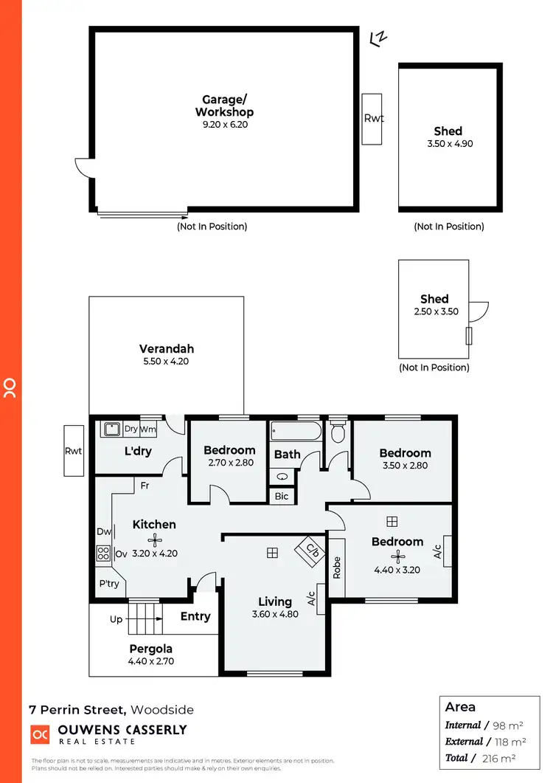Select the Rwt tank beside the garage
[373, 119]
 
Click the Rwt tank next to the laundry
[74, 452]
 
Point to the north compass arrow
[379, 38]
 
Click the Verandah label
[167, 349]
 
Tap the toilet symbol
[338, 431]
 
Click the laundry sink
[112, 429]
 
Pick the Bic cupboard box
[282, 497]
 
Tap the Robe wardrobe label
[337, 567]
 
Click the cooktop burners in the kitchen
[102, 553]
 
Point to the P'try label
[109, 584]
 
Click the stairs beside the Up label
[145, 618]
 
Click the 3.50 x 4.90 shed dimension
[450, 144]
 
